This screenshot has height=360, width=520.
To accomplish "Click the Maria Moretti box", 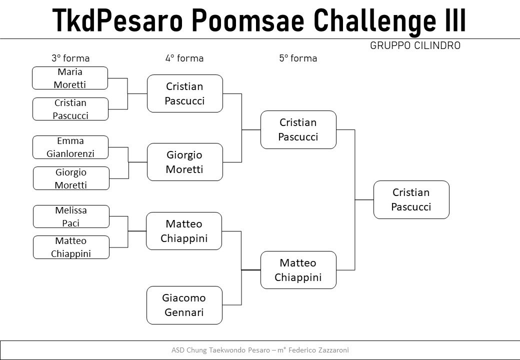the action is click(x=70, y=78).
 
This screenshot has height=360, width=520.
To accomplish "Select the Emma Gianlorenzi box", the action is click(x=70, y=147).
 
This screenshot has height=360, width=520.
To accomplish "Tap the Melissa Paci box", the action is click(x=71, y=216).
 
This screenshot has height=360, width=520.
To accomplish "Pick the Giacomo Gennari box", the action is click(x=184, y=305).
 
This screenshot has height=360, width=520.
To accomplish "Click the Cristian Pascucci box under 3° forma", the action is click(x=70, y=109).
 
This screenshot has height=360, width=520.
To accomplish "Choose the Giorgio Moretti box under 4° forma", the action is click(x=184, y=162).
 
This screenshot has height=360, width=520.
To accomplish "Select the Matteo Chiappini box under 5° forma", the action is click(x=298, y=270).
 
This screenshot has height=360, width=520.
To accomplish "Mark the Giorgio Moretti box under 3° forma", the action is click(x=71, y=178).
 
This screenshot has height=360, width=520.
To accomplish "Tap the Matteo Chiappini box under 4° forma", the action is click(x=184, y=231).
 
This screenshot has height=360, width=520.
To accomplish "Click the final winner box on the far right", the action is click(x=411, y=200).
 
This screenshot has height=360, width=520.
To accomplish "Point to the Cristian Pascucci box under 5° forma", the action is click(x=298, y=129).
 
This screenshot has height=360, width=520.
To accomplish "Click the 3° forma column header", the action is click(x=70, y=58).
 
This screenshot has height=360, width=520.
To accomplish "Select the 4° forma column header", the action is click(x=184, y=58).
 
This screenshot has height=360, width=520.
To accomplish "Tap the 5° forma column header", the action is click(x=298, y=58).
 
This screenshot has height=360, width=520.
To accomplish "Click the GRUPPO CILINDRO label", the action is click(x=415, y=45).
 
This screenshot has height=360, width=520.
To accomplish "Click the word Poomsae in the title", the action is click(x=248, y=20).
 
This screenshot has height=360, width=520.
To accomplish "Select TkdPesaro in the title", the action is click(x=117, y=20).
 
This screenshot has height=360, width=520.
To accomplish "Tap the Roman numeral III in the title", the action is click(x=454, y=20).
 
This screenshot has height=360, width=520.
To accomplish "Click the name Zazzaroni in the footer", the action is click(x=333, y=350).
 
